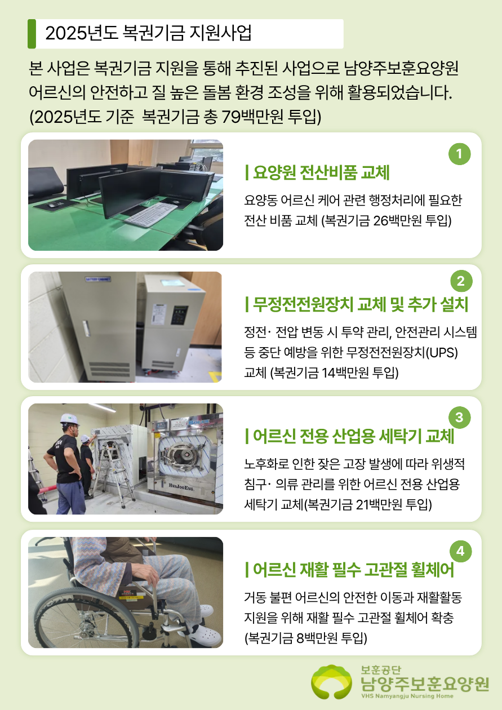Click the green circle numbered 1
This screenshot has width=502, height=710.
(460, 154)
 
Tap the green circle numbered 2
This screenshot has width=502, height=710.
(461, 281)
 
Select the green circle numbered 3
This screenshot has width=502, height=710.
(460, 418)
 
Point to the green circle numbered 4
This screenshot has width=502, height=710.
(460, 551)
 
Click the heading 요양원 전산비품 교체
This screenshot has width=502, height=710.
(317, 173)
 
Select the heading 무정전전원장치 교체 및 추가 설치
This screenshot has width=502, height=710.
(357, 305)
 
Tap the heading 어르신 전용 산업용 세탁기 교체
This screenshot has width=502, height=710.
(350, 436)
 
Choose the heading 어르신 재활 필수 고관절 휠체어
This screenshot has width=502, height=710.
(350, 570)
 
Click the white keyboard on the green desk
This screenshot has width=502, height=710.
(151, 214)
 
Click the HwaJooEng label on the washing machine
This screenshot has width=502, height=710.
(181, 485)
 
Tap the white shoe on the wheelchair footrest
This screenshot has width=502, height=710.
(208, 635)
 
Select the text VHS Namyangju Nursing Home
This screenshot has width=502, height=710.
(407, 696)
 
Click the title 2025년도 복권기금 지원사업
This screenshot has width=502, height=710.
(148, 33)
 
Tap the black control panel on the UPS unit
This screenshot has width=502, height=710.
(179, 315)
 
